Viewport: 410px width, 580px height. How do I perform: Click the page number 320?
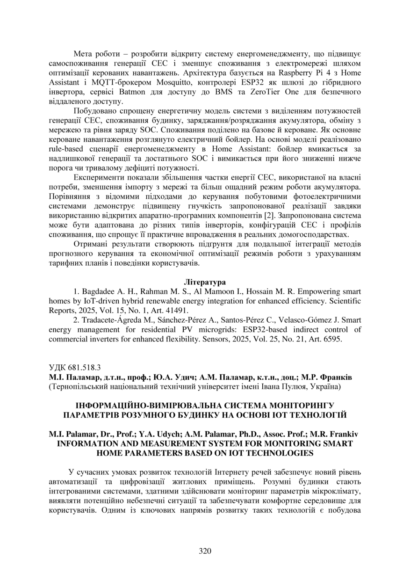(205, 551)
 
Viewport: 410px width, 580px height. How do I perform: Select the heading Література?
(205, 282)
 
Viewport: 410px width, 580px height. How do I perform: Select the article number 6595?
(332, 340)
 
